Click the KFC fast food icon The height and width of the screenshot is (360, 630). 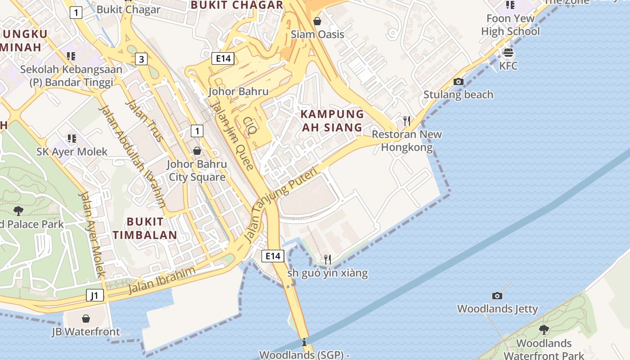(508, 53)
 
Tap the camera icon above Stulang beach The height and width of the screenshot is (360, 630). (459, 81)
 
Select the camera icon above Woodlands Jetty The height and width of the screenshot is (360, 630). (497, 296)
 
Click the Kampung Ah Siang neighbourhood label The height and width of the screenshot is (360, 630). (332, 121)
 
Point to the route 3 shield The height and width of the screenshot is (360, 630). (141, 59)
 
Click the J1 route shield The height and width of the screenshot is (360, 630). (94, 296)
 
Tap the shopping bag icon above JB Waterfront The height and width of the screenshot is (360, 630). (86, 319)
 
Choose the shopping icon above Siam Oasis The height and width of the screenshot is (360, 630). (317, 21)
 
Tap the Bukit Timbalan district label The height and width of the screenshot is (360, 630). (145, 228)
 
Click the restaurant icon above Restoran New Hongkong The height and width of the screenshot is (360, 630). (407, 121)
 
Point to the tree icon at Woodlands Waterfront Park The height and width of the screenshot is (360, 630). (544, 329)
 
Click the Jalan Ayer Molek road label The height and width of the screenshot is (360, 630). (92, 234)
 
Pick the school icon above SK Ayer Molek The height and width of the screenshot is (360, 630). (72, 138)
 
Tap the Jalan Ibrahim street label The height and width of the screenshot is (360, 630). (162, 280)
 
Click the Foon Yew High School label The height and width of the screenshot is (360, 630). (510, 25)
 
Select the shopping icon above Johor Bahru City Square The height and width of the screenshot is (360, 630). (197, 151)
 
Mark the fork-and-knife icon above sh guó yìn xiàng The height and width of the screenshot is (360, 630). (328, 259)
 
